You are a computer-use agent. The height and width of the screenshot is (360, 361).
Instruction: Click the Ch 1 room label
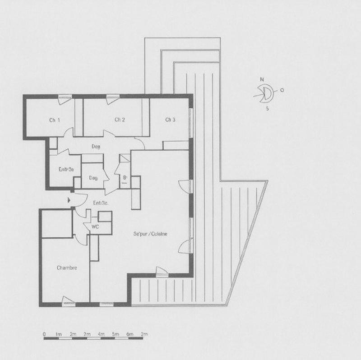[x=55, y=120]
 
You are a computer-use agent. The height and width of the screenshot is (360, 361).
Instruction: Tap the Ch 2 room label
[x=120, y=120]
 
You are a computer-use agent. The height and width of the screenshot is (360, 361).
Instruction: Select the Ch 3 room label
[x=170, y=120]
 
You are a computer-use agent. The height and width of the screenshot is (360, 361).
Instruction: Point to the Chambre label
[x=67, y=268]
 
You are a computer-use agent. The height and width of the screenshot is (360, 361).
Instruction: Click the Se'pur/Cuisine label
[x=150, y=234]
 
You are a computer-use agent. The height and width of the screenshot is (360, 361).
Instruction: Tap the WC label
[x=95, y=227]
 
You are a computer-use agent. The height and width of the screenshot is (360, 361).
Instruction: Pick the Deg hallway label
[x=96, y=146]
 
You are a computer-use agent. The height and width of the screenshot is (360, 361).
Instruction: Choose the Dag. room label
[x=93, y=178]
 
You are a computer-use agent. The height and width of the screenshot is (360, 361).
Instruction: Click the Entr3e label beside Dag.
[x=66, y=170]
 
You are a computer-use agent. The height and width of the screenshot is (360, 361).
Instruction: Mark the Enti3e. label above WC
[x=100, y=203]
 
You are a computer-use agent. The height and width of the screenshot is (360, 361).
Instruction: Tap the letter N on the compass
[x=261, y=80]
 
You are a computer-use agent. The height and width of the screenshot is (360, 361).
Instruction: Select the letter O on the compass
[x=282, y=90]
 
